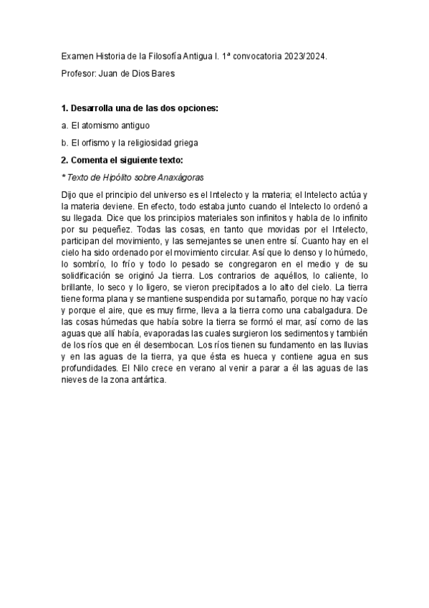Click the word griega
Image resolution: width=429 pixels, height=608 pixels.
tap(183, 143)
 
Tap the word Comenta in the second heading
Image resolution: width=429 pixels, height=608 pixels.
tap(92, 160)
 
